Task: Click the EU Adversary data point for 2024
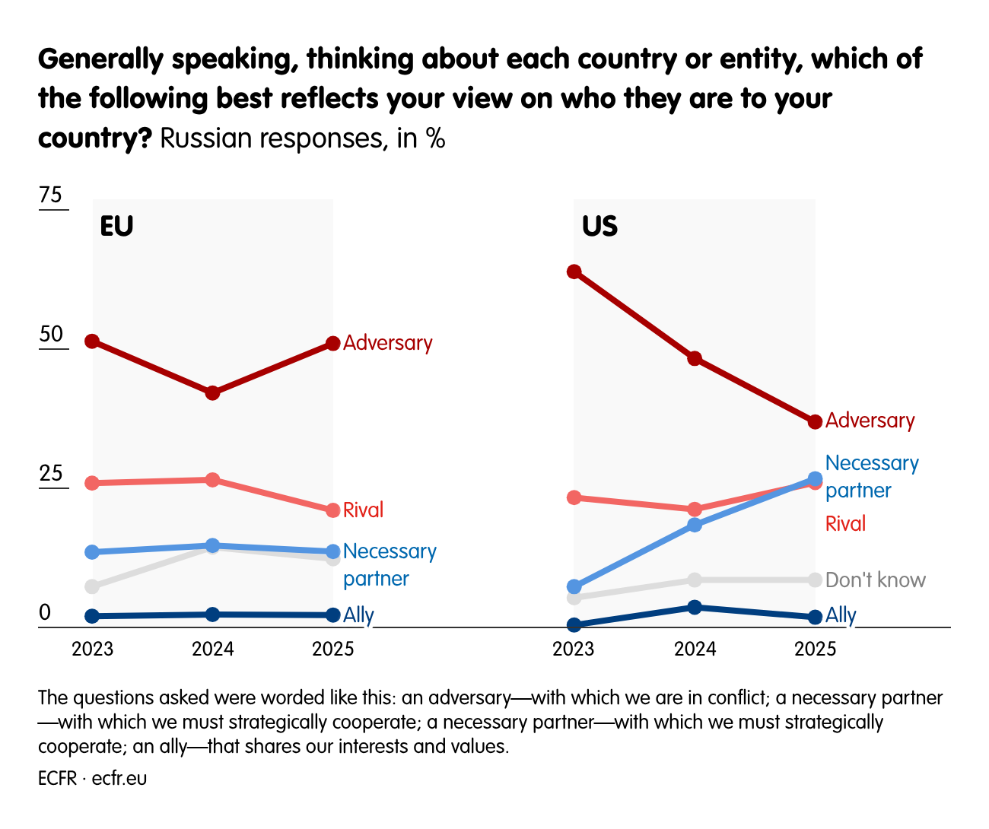pyautogui.click(x=213, y=393)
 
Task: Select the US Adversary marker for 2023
pyautogui.click(x=574, y=272)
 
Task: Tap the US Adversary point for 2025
pyautogui.click(x=815, y=421)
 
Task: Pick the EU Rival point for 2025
pyautogui.click(x=333, y=510)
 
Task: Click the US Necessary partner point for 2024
pyautogui.click(x=695, y=525)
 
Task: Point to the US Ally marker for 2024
pyautogui.click(x=695, y=607)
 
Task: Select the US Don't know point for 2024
pyautogui.click(x=695, y=580)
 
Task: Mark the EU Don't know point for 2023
pyautogui.click(x=92, y=586)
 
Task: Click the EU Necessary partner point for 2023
pyautogui.click(x=92, y=552)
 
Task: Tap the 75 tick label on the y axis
pyautogui.click(x=51, y=195)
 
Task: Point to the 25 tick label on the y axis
pyautogui.click(x=51, y=474)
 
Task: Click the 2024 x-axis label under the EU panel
pyautogui.click(x=213, y=649)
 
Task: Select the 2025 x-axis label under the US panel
pyautogui.click(x=815, y=649)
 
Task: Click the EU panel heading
pyautogui.click(x=116, y=227)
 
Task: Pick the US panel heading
pyautogui.click(x=599, y=227)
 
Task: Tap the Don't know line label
pyautogui.click(x=876, y=580)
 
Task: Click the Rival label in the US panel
pyautogui.click(x=845, y=524)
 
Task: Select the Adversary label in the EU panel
pyautogui.click(x=387, y=343)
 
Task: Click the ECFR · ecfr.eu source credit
pyautogui.click(x=92, y=779)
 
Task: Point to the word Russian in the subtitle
pyautogui.click(x=206, y=139)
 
